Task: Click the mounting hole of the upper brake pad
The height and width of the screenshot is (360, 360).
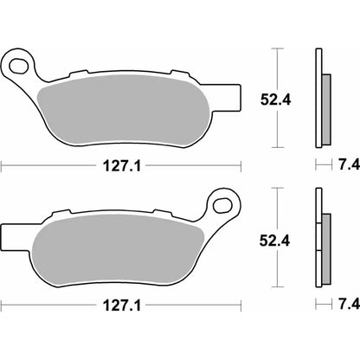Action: pos(19,66)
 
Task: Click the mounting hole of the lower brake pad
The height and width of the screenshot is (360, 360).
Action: pos(222,205)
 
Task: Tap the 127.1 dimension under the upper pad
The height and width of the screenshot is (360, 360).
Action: pos(122,166)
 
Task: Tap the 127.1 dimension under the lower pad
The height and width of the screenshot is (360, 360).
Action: pos(122,305)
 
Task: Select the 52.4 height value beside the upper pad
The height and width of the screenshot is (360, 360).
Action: pos(276,100)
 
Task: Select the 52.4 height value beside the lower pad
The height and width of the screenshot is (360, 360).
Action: pos(274,241)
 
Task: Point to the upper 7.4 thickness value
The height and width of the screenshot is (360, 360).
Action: pos(349,165)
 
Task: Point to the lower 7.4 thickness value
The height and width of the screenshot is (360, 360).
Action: pos(349,304)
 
